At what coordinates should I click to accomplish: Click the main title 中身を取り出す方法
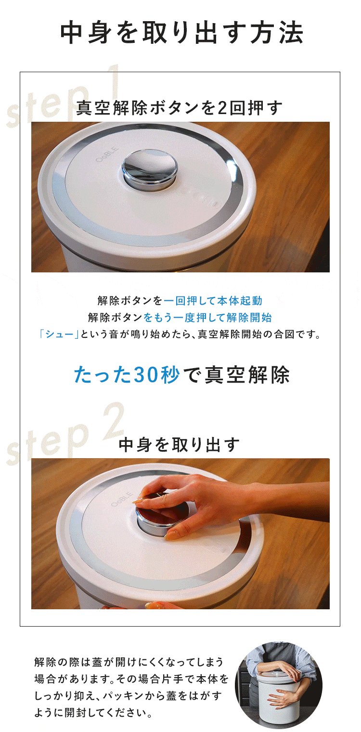(181, 33)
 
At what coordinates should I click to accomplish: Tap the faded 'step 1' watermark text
(63, 96)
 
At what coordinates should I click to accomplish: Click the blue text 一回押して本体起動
(213, 301)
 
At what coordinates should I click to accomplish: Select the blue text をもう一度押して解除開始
(207, 318)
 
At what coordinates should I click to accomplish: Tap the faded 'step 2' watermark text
(65, 433)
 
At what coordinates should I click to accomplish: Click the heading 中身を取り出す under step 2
(179, 445)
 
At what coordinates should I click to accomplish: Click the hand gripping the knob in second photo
(202, 501)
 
